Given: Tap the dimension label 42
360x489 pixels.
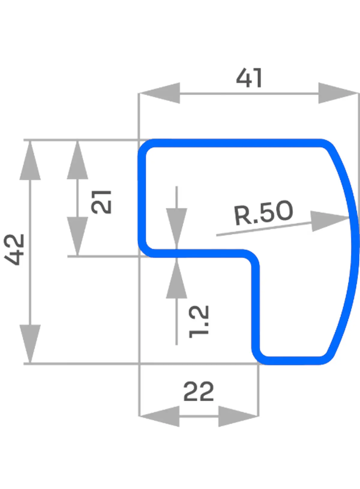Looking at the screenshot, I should (14, 249).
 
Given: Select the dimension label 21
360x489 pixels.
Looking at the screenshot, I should (101, 202).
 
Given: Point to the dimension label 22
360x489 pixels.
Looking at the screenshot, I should (198, 391).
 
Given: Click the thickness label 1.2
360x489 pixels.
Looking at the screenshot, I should (199, 321).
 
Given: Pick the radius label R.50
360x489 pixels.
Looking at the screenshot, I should (263, 213).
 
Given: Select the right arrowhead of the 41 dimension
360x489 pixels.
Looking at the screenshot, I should (338, 93).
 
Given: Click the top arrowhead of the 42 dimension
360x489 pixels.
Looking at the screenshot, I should (30, 161).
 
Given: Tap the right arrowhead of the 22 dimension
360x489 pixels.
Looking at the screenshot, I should (238, 416).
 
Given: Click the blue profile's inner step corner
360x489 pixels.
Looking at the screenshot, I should (251, 258).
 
